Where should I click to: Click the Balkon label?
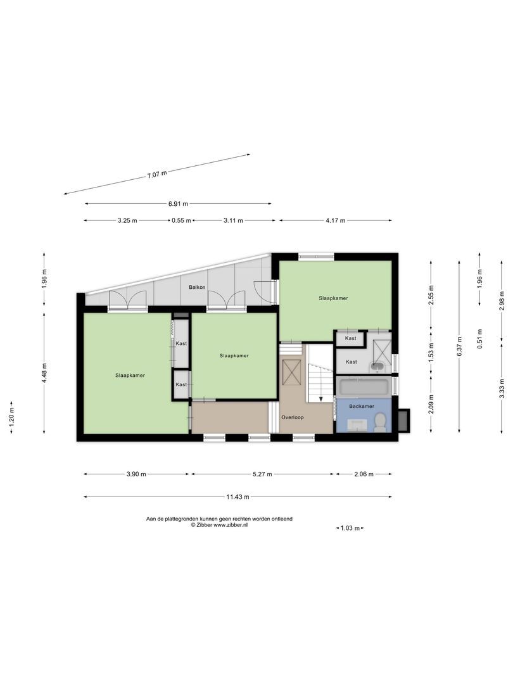(x=195, y=288)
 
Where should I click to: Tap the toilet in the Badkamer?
(x=380, y=422)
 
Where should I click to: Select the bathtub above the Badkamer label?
(x=364, y=387)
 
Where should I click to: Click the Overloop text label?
(x=292, y=417)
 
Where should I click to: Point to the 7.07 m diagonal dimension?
(x=156, y=174)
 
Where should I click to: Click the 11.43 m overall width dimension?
(x=237, y=497)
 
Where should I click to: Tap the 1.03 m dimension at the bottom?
(x=350, y=528)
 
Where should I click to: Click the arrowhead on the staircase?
(x=321, y=398)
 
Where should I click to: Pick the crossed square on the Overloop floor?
(x=292, y=372)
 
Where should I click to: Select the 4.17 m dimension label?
(x=335, y=220)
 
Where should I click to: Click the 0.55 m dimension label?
(x=181, y=220)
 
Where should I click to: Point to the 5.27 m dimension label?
(x=262, y=474)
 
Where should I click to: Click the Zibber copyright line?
(x=219, y=524)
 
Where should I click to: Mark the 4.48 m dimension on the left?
(x=44, y=373)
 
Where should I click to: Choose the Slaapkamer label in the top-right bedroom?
(x=333, y=298)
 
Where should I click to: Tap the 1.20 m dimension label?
(x=11, y=417)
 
